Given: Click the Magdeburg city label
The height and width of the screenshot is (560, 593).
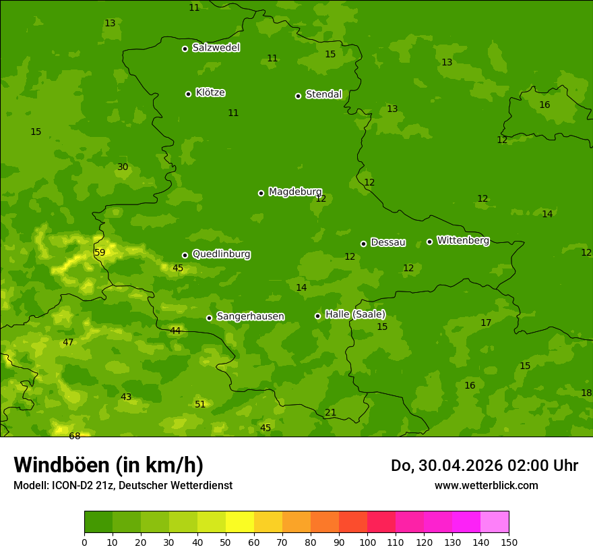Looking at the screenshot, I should point(295,192).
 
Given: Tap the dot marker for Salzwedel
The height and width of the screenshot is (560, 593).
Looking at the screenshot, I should point(185,49).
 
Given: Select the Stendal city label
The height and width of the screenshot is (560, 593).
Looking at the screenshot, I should point(324,94).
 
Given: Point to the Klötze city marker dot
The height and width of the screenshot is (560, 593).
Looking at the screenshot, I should point(188,94).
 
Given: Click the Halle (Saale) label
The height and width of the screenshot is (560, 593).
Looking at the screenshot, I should point(355,314).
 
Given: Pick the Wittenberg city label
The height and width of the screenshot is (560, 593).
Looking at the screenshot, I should point(463,240).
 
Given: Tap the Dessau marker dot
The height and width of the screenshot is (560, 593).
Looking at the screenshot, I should point(363,244).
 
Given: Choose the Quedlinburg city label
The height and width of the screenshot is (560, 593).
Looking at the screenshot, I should point(221,254).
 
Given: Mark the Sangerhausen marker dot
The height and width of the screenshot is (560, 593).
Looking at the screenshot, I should point(209,318).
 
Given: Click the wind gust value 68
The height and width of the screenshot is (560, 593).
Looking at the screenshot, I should point(74,436).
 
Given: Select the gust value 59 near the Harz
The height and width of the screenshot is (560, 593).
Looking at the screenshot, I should point(100,252).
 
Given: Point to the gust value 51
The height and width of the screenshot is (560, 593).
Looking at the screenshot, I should point(200,404).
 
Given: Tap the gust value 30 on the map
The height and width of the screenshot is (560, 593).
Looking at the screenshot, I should point(123,167).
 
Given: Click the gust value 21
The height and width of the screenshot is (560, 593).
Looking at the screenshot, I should point(330,412).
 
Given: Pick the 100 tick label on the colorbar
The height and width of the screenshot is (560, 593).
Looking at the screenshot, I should point(367,542).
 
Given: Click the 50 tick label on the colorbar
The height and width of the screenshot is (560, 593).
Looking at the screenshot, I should point(226,542).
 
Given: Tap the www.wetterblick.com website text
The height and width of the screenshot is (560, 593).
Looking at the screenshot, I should point(486,485).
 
